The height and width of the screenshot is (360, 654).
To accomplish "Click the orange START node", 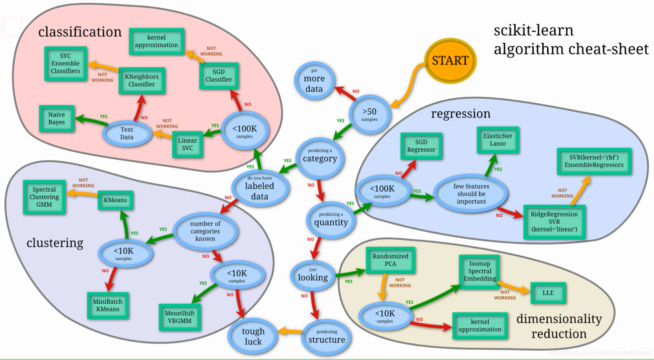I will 450,61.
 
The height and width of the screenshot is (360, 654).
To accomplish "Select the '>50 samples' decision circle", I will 370,114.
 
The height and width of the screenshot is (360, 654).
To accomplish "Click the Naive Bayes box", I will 57,119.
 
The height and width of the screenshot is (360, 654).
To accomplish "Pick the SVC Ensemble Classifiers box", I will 65,64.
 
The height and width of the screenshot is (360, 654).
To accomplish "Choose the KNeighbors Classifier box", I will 142,80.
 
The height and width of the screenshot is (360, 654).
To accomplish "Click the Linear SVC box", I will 187,144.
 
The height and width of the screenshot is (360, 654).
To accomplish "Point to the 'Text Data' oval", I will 126,133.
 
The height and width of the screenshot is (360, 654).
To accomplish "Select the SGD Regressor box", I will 421,146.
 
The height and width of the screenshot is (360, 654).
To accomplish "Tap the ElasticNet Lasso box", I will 497,140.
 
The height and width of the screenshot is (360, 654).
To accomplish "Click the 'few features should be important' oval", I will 471,194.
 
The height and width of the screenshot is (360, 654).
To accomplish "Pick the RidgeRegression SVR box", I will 554,222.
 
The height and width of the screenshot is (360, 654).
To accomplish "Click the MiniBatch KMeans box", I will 108,305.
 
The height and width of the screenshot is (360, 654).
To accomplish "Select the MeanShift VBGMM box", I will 180,317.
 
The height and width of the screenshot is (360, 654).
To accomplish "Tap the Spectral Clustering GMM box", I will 44,197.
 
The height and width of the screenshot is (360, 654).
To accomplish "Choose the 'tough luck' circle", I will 253,336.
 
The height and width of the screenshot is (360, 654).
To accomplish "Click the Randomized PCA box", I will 390,260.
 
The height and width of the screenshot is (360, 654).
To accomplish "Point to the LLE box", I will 548,293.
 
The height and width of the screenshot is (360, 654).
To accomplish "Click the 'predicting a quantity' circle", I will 331,220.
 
